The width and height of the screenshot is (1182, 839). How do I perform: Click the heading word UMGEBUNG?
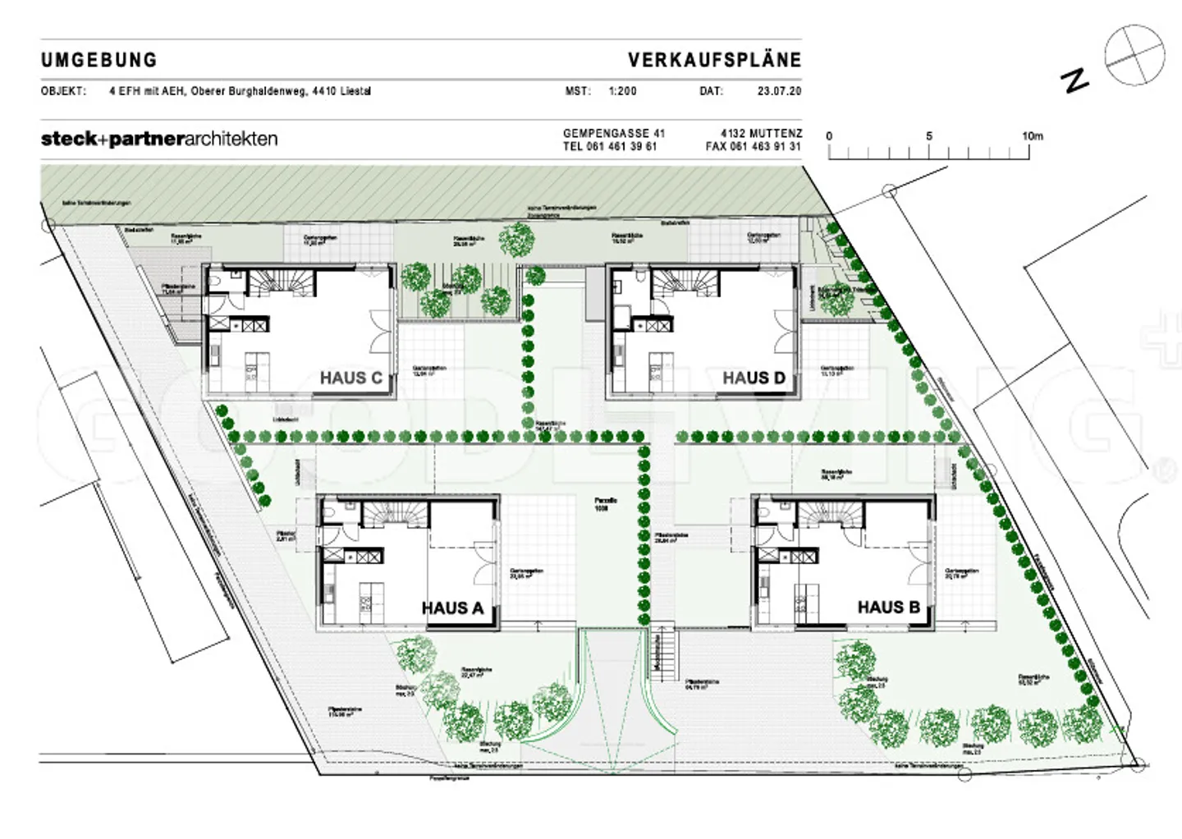pyautogui.click(x=98, y=60)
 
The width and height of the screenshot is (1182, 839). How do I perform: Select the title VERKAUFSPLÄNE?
pyautogui.click(x=714, y=60)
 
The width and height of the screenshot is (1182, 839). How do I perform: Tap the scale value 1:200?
pyautogui.click(x=622, y=91)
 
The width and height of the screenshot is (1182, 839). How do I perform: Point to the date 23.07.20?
pyautogui.click(x=779, y=91)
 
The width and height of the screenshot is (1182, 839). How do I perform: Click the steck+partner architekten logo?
pyautogui.click(x=159, y=139)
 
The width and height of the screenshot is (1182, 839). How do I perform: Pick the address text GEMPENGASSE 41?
pyautogui.click(x=614, y=133)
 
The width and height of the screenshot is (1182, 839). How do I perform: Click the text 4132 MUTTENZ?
pyautogui.click(x=761, y=133)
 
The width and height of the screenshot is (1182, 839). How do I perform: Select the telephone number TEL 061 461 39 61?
pyautogui.click(x=610, y=147)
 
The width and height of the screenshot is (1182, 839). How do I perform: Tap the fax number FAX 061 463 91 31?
pyautogui.click(x=753, y=147)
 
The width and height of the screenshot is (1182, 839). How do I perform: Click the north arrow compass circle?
pyautogui.click(x=1134, y=55)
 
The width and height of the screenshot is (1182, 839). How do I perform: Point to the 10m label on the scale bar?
pyautogui.click(x=1032, y=136)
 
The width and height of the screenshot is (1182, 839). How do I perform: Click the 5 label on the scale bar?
pyautogui.click(x=929, y=136)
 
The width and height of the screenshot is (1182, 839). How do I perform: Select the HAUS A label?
pyautogui.click(x=452, y=608)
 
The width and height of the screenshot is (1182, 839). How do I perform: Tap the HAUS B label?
pyautogui.click(x=888, y=607)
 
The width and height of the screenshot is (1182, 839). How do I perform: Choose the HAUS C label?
pyautogui.click(x=350, y=378)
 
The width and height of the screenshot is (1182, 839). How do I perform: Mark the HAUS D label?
pyautogui.click(x=754, y=378)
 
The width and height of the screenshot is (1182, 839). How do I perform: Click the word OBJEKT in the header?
pyautogui.click(x=63, y=91)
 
